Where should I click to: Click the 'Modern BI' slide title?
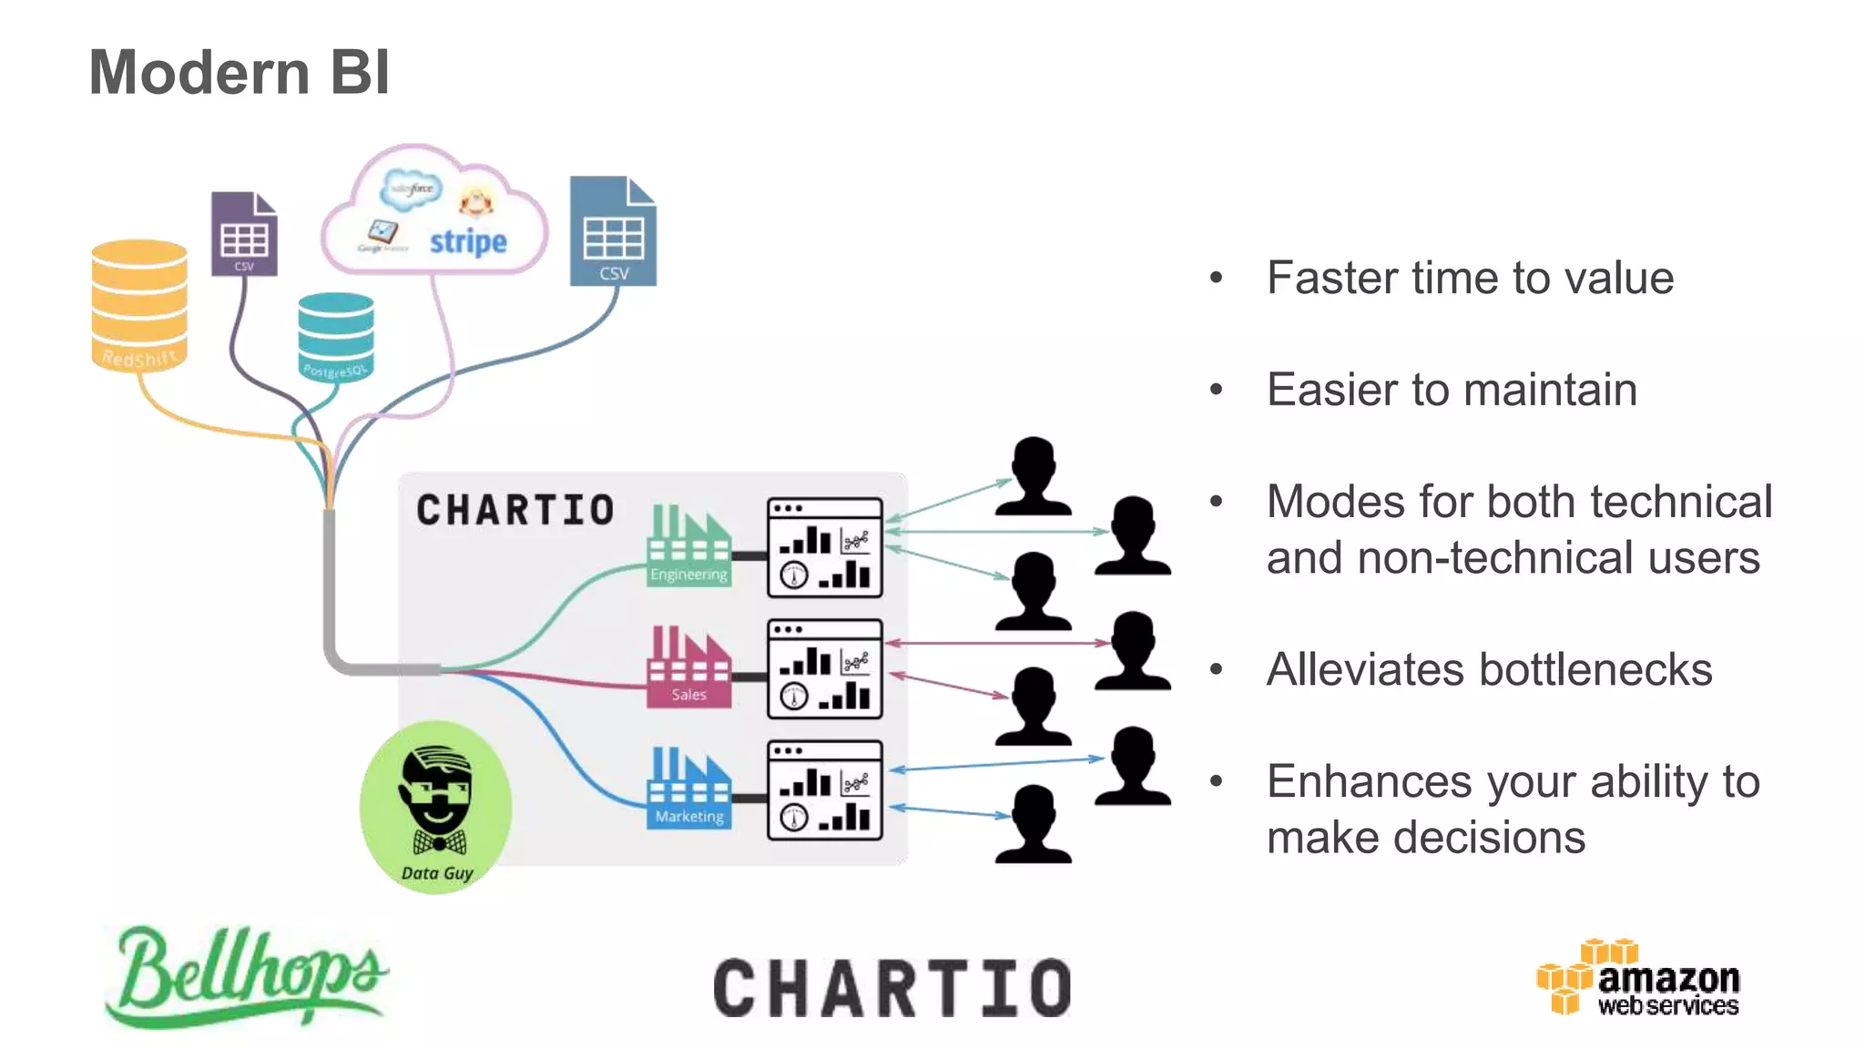click(x=239, y=73)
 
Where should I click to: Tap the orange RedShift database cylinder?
click(x=139, y=305)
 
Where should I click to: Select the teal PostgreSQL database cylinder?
click(x=335, y=335)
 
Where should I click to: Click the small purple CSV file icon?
click(x=244, y=234)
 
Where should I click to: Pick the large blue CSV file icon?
click(x=613, y=231)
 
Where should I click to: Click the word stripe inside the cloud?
click(x=468, y=241)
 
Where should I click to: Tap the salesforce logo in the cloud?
click(x=412, y=188)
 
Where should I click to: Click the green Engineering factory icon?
click(x=688, y=545)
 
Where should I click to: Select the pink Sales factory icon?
click(x=688, y=667)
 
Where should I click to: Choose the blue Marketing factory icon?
click(x=688, y=788)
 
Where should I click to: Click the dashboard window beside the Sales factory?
click(x=825, y=669)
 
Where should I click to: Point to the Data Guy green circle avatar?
click(x=436, y=807)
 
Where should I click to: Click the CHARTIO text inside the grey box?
click(x=515, y=510)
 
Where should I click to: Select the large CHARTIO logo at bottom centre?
click(x=892, y=988)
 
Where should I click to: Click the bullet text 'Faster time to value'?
click(x=1470, y=278)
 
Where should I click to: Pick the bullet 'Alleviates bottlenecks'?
click(x=1489, y=669)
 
